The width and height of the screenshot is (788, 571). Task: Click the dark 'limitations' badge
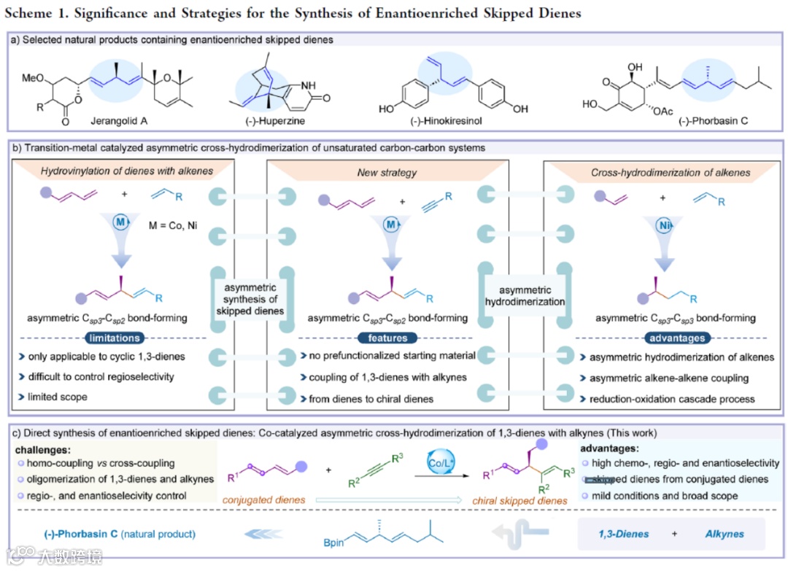[112, 338]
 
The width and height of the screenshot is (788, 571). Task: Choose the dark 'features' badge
[382, 338]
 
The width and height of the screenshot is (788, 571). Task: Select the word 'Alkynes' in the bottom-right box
[725, 534]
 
